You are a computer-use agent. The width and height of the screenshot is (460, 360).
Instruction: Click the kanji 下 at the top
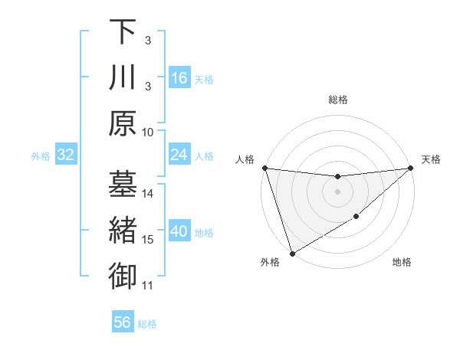[x=123, y=31]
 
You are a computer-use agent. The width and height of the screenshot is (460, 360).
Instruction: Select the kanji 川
[x=123, y=77]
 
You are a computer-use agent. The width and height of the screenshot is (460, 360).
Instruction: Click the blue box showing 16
[x=179, y=78]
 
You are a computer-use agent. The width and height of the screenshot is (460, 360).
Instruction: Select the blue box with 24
[x=179, y=155]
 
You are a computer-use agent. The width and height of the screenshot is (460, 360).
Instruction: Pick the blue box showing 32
[x=65, y=155]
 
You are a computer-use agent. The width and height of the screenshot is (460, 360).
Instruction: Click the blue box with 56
[x=123, y=322]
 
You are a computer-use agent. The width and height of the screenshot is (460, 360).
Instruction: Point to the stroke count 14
[x=148, y=194]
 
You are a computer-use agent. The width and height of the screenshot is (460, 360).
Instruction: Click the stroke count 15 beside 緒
[x=148, y=240]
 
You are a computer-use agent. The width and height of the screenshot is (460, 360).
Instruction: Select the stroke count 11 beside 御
[x=148, y=286]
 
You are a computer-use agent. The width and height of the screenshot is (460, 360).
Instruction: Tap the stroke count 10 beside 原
[x=148, y=132]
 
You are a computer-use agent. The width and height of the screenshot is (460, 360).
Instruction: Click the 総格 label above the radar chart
[x=337, y=100]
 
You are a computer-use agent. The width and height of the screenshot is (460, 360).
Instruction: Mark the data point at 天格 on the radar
[x=411, y=168]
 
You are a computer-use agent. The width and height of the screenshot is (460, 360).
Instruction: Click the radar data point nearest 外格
[x=292, y=253]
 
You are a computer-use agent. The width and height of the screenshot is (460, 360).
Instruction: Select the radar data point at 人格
[x=264, y=168]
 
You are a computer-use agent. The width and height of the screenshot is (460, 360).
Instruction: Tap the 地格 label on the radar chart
[x=402, y=263]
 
